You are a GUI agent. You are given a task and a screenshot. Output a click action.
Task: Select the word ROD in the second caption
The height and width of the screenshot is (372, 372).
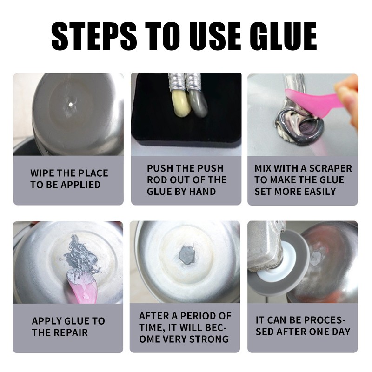pyautogui.click(x=157, y=180)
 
